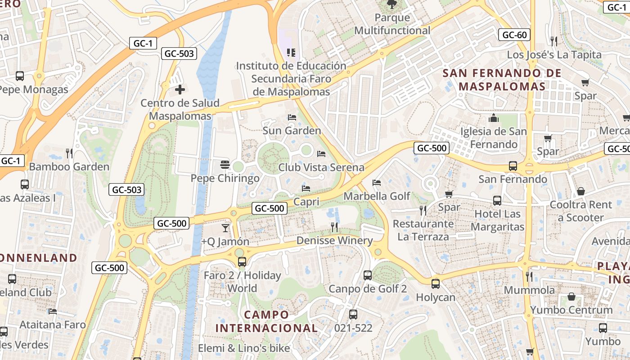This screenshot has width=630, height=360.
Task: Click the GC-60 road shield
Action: point(514,35)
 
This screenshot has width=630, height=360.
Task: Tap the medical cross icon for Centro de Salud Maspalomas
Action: point(180,90)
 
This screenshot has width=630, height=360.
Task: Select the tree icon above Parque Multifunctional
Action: point(392,4)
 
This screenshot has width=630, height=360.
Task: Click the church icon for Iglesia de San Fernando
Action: point(494,118)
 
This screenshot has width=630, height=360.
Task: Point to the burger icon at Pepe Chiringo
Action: point(225,165)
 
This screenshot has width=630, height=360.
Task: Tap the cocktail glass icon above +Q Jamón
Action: point(225,228)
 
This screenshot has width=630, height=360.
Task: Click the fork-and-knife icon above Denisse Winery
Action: point(334,227)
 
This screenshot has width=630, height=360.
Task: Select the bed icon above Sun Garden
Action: point(292,117)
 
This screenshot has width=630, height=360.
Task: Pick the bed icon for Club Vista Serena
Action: point(321,154)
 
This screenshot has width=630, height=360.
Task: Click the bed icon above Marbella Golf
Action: point(377,183)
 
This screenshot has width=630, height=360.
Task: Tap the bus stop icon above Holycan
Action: point(435,283)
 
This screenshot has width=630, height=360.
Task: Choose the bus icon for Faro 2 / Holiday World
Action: point(242,261)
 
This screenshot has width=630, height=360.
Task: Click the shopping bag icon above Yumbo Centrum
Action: point(571,297)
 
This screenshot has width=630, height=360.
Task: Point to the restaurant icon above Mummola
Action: point(529,276)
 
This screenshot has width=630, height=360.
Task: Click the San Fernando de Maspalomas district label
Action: point(502,79)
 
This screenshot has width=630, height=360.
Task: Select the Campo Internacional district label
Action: point(266,321)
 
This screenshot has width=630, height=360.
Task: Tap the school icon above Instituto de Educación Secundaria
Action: point(291,53)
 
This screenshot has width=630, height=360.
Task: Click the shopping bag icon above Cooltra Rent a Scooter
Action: point(581,191)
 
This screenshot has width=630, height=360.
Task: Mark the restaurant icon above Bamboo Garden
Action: point(69,153)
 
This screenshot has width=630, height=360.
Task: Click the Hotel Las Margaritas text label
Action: point(497,220)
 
